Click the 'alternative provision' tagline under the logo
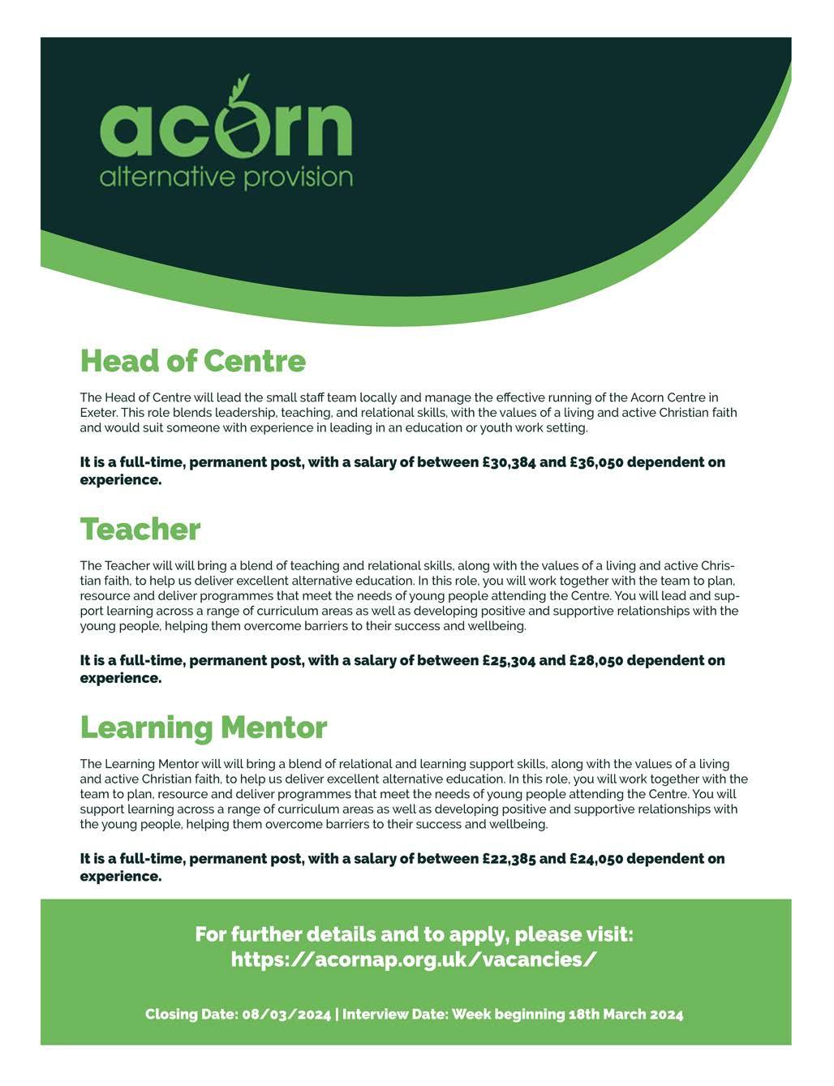pyautogui.click(x=226, y=177)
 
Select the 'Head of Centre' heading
pyautogui.click(x=192, y=361)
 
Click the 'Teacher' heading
pyautogui.click(x=140, y=530)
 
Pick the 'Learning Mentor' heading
pyautogui.click(x=203, y=728)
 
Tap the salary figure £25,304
pyautogui.click(x=509, y=660)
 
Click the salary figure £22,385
pyautogui.click(x=509, y=858)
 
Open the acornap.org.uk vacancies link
pyautogui.click(x=414, y=959)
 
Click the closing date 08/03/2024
pyautogui.click(x=286, y=1015)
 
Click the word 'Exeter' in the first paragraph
pyautogui.click(x=97, y=412)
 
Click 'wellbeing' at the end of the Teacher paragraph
pyautogui.click(x=498, y=626)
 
